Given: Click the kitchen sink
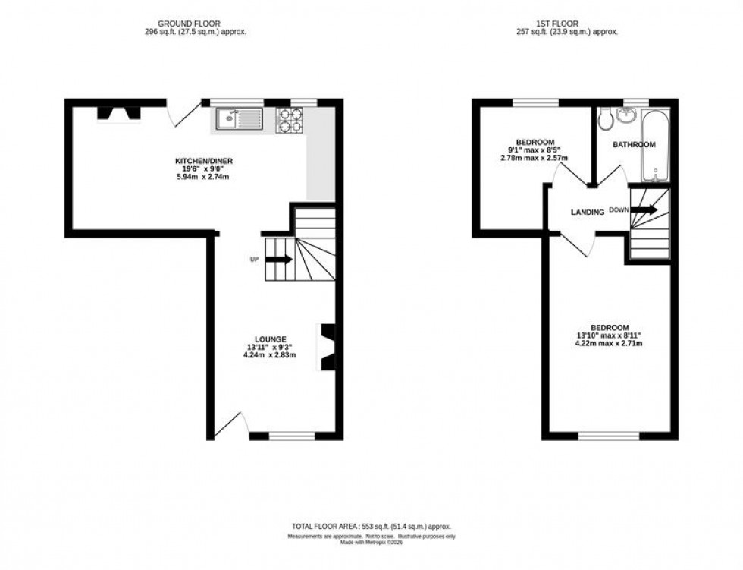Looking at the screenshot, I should (238, 118).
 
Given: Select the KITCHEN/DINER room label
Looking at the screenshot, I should (203, 161).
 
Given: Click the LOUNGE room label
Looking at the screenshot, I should (270, 339).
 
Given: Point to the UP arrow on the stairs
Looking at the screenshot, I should (278, 260).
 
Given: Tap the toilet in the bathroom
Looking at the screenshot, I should (605, 118).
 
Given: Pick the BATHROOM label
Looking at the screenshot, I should (634, 145).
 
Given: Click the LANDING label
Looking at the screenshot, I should (587, 213).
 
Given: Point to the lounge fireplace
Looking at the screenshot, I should (328, 348).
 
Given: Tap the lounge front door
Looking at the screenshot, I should (229, 426).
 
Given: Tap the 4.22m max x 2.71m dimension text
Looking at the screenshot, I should (610, 343).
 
